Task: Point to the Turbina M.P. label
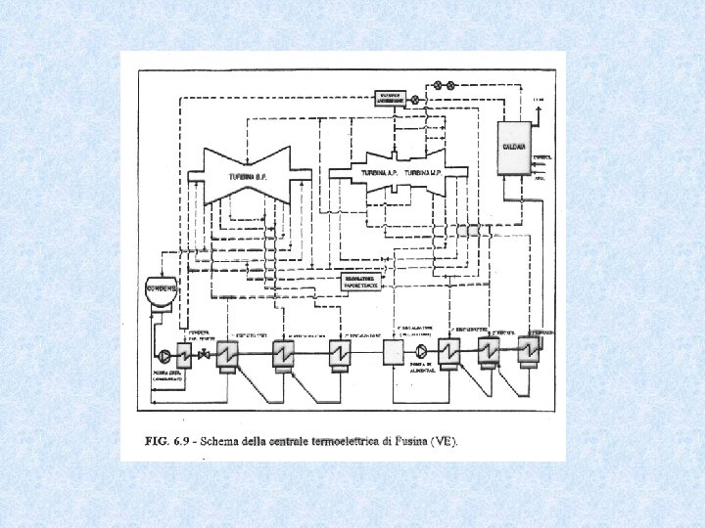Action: pos(416,173)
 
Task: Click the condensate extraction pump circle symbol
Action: pos(163,352)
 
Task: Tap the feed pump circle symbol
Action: pos(421,350)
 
